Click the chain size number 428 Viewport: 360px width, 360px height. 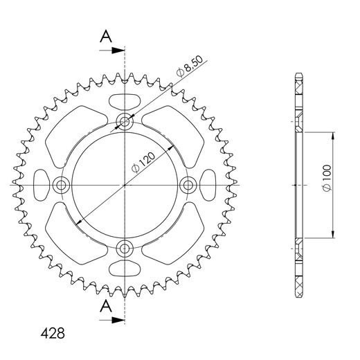click(x=53, y=333)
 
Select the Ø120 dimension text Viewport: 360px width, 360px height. click(x=143, y=162)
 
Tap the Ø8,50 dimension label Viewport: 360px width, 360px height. click(x=190, y=66)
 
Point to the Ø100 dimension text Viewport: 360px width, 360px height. click(x=327, y=178)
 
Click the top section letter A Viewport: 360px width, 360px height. click(x=106, y=37)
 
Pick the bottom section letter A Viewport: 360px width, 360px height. click(x=106, y=306)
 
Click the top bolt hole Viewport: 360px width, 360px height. click(x=125, y=121)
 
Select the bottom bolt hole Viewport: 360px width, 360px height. click(x=125, y=249)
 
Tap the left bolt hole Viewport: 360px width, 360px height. click(x=61, y=185)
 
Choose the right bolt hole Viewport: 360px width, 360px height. click(x=188, y=185)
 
